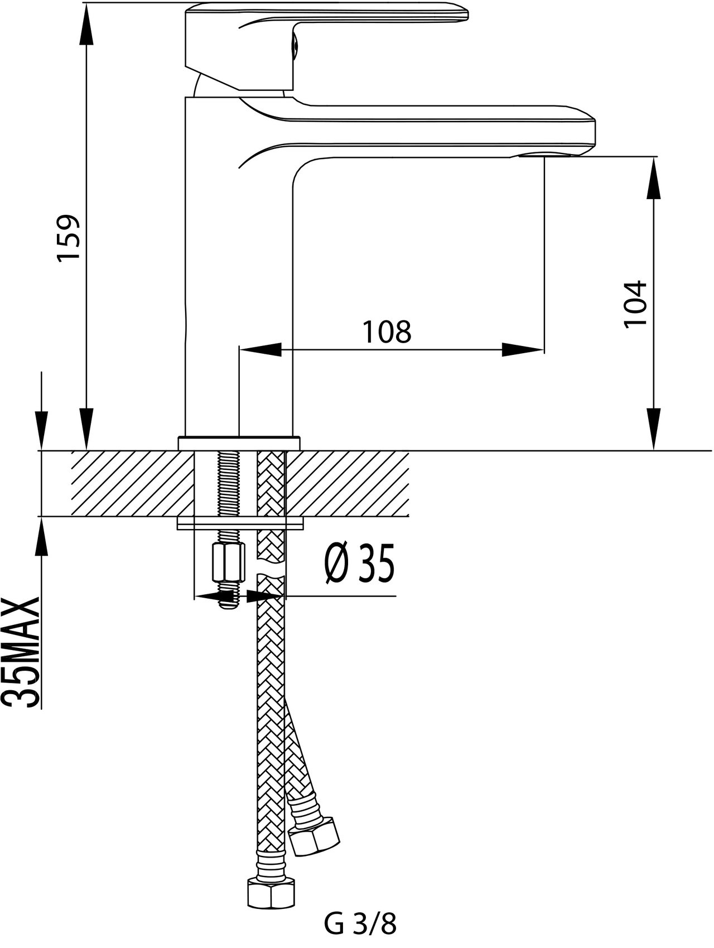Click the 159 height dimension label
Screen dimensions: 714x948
click(71, 237)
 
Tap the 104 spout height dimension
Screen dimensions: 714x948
click(635, 304)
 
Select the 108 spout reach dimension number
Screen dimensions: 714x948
click(387, 332)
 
